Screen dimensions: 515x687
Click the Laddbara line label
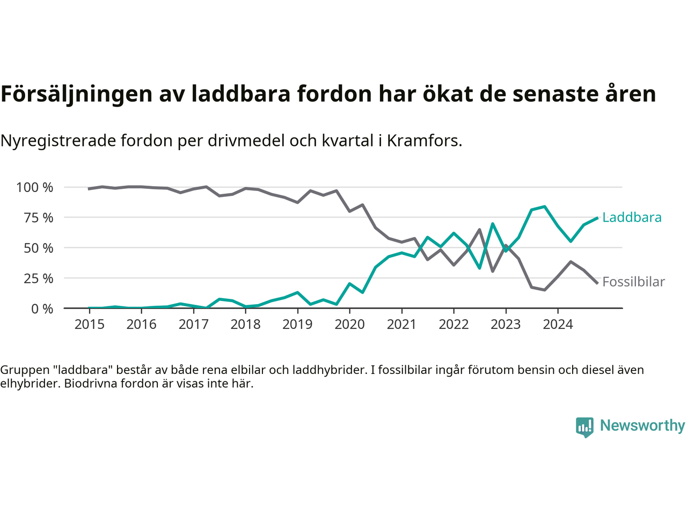pos(631,217)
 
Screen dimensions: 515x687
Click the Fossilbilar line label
pos(633,282)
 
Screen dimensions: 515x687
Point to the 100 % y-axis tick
pos(35,187)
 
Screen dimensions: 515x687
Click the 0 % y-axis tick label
pos(42,308)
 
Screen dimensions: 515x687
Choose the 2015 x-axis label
pos(89,324)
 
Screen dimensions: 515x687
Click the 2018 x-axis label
pos(245,324)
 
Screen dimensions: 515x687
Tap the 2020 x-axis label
pos(349,324)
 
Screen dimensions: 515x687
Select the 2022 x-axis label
pos(454,324)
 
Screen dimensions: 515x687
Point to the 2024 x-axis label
pos(558,324)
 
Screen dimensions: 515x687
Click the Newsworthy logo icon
pos(584,427)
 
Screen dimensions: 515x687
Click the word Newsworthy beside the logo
pos(642,425)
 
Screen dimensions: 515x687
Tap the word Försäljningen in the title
pos(76,94)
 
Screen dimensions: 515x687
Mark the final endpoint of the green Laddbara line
pos(597,218)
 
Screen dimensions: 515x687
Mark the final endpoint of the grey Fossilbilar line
pos(597,283)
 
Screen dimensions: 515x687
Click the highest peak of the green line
pos(545,207)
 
